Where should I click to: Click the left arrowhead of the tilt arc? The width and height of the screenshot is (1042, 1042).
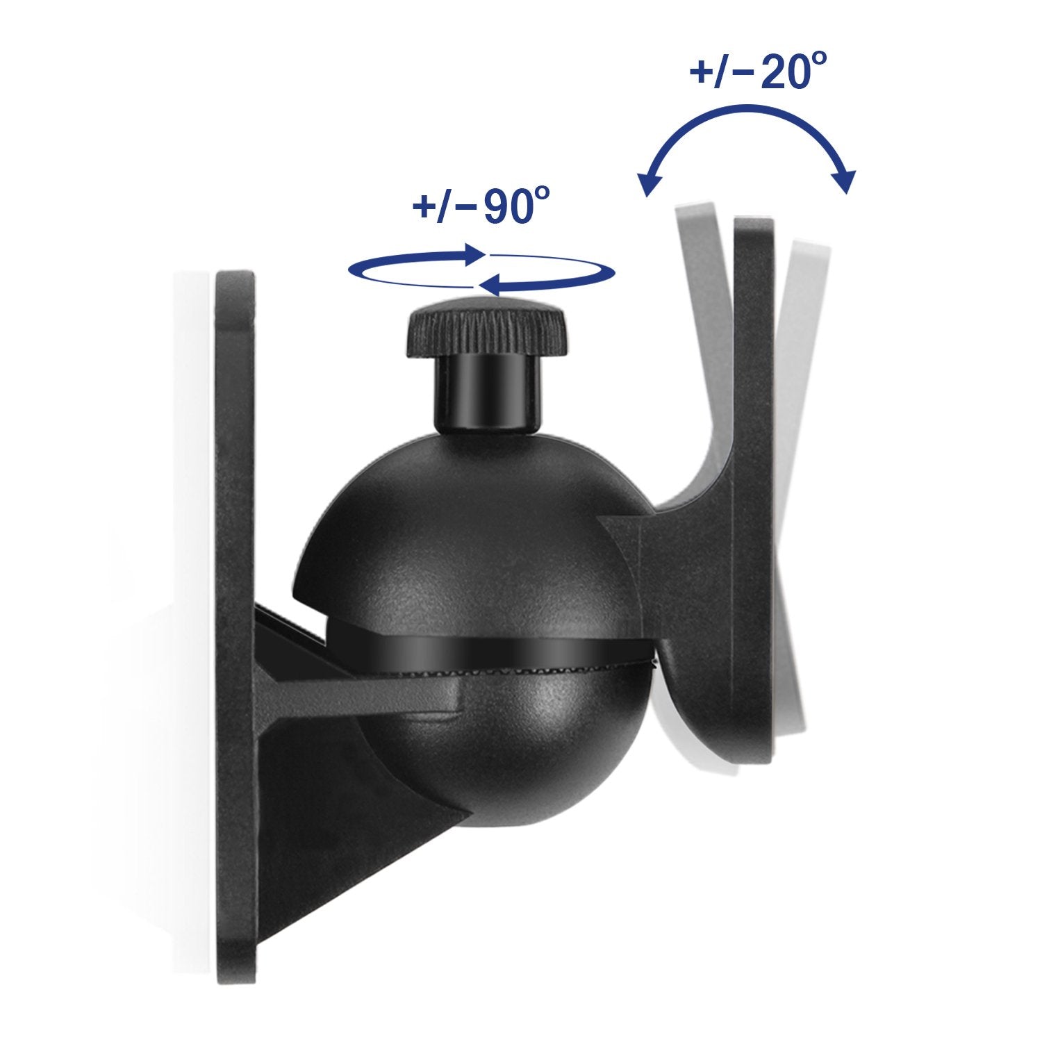[x=649, y=185]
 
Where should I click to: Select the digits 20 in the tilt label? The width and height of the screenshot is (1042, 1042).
[x=781, y=72]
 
